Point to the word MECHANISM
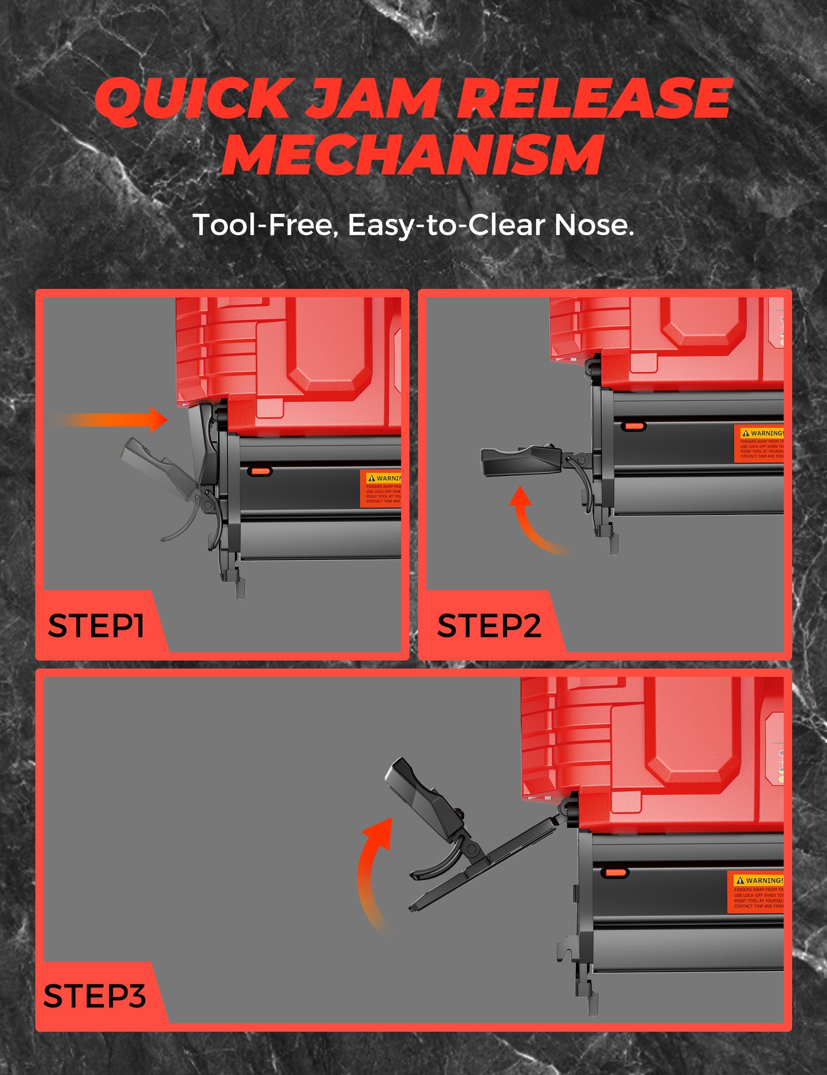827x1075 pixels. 413,154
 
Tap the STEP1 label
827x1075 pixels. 96,625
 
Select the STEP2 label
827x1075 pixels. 488,625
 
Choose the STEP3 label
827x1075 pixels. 94,996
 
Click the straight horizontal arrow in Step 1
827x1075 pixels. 114,420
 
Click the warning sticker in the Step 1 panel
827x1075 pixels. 381,489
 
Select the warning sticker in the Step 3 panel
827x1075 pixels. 758,892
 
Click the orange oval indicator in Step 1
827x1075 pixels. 260,471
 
